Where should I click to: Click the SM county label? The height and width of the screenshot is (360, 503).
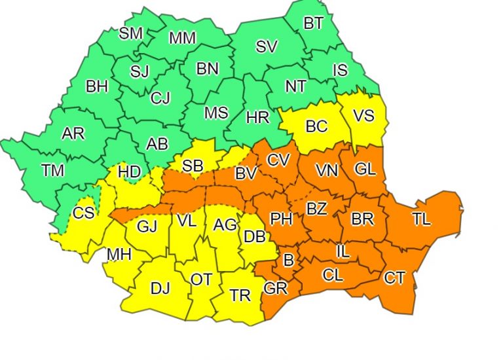(131, 33)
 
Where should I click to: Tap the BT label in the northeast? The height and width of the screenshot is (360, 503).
(313, 24)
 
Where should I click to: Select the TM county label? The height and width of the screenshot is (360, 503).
(53, 171)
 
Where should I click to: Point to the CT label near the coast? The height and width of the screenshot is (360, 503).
(394, 278)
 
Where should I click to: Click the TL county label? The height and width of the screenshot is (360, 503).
(422, 219)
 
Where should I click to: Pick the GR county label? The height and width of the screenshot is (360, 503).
(275, 289)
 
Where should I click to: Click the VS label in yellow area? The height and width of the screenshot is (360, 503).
(363, 116)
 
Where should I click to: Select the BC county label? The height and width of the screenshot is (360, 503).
(316, 126)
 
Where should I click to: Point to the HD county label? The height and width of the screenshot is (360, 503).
(130, 172)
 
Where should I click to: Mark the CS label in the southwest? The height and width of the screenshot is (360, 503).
(83, 213)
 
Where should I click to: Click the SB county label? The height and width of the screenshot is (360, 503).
(193, 166)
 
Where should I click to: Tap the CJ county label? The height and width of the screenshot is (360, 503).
(160, 98)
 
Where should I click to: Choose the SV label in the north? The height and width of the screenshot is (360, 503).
(266, 46)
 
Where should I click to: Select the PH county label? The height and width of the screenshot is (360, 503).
(282, 219)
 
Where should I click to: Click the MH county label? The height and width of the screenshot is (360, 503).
(119, 255)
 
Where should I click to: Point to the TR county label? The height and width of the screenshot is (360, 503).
(240, 295)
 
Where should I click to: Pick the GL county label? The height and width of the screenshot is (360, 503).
(365, 169)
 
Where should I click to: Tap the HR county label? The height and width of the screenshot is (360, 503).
(257, 118)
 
